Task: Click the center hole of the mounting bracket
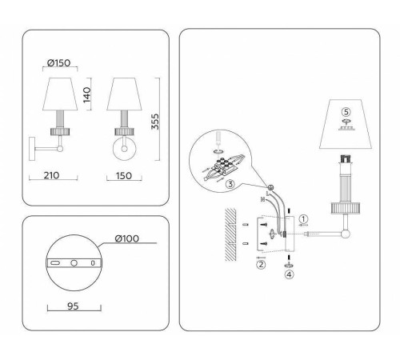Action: coord(74,262)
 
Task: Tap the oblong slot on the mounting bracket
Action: coord(57,262)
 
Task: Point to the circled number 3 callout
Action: coord(229,185)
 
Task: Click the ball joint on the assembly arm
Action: coord(346,234)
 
